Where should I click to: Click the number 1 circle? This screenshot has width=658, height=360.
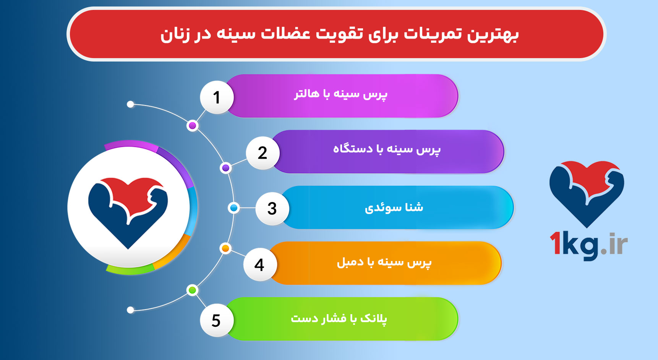click(217, 97)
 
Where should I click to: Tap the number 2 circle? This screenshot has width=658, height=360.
click(263, 153)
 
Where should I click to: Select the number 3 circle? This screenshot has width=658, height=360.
click(272, 209)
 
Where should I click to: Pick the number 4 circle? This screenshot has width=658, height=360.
click(259, 264)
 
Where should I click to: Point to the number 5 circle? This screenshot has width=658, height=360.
click(216, 320)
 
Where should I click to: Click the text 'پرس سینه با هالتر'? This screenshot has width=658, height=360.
click(340, 94)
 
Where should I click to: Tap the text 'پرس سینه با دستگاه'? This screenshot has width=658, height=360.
click(387, 149)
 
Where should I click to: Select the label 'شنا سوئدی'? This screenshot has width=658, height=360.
click(394, 208)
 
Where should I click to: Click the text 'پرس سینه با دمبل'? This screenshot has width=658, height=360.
click(384, 263)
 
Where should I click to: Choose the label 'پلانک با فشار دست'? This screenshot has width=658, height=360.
click(339, 318)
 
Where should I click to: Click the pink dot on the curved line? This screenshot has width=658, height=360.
click(193, 126)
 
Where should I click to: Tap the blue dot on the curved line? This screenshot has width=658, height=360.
click(233, 208)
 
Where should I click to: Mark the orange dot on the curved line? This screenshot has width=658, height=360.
click(225, 248)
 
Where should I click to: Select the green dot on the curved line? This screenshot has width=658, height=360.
click(192, 290)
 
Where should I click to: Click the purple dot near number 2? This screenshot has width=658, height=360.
click(226, 168)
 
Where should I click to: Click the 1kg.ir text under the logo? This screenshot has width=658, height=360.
click(588, 245)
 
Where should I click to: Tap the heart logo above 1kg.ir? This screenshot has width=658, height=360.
click(587, 191)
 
